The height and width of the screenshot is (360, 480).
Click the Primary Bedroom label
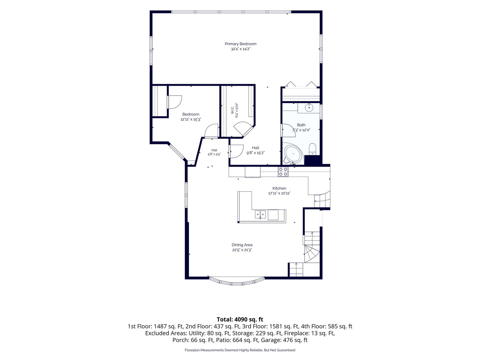241,44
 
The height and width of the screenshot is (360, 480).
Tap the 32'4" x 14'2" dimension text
241,49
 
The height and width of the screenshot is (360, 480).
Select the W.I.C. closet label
232,110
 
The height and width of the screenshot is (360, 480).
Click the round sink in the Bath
309,108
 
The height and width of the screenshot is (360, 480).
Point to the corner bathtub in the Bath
293,154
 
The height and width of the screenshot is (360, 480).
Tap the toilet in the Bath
312,149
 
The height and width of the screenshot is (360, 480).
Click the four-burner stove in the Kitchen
283,172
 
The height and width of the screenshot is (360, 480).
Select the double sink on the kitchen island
260,214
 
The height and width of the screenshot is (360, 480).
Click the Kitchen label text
279,188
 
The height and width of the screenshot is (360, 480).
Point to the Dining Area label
242,245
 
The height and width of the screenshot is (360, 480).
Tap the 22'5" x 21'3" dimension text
242,250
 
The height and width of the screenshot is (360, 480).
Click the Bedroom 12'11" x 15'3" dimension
190,119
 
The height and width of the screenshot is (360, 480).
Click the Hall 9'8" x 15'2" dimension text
255,153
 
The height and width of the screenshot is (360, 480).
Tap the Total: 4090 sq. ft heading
240,320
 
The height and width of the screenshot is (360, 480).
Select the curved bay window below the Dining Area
237,282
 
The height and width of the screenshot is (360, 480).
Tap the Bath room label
301,125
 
